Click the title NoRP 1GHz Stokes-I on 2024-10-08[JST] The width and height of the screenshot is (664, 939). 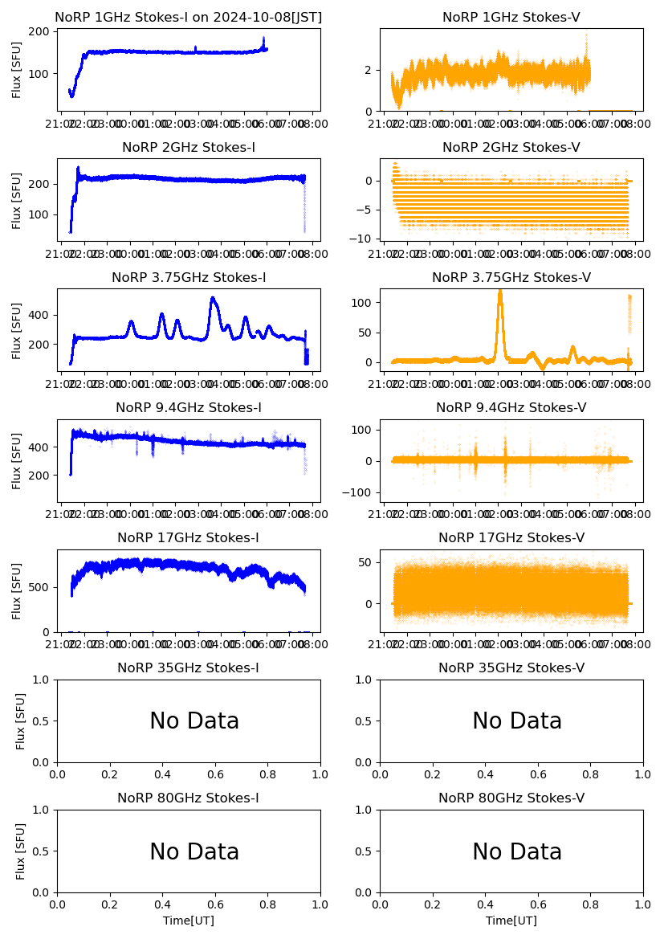[x=189, y=17]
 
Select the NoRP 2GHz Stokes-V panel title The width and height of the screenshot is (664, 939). [x=511, y=148]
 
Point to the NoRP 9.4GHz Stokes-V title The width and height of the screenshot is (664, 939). [x=511, y=408]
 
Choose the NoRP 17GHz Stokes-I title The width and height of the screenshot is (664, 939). [x=189, y=538]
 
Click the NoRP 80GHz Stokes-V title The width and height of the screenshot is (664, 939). [x=511, y=798]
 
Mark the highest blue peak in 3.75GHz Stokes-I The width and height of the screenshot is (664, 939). [x=212, y=299]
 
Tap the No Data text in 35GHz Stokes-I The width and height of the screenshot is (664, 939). [x=194, y=721]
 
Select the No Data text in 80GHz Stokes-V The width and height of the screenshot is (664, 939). [x=517, y=851]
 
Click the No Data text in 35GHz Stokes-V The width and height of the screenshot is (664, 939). [x=517, y=721]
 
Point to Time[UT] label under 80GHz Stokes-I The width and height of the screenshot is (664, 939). [x=189, y=921]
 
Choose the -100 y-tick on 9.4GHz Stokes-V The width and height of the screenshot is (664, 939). [x=360, y=492]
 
